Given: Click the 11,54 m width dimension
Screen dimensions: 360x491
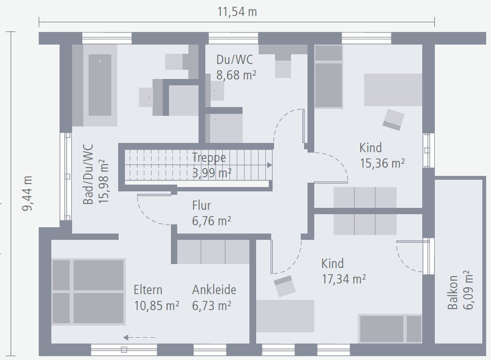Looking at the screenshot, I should tap(237, 12).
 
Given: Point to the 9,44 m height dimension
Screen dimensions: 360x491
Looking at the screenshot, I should tap(28, 193).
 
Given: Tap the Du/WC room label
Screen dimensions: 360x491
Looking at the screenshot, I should tap(234, 60).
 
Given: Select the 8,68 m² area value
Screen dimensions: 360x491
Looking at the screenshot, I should tap(236, 76).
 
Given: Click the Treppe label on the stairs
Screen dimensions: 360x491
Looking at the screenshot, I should tap(209, 157).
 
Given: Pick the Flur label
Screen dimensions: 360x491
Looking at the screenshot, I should tap(201, 206).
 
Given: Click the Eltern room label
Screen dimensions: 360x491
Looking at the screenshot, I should tap(148, 290).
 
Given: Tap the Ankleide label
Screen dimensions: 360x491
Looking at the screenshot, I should tap(214, 290).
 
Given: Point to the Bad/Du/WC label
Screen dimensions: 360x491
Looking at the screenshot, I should tap(88, 173).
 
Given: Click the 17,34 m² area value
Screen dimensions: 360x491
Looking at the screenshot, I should tap(343, 279).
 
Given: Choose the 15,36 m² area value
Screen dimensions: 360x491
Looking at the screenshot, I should tap(382, 163).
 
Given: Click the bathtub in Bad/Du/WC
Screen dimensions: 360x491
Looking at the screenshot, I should tap(100, 85).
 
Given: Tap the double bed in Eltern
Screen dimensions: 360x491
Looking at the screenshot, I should tap(88, 291).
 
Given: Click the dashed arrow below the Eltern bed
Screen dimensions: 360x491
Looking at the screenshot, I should tap(138, 338).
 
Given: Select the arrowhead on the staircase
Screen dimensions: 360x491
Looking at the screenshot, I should tap(269, 165).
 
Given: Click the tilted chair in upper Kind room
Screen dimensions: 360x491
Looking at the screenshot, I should tap(393, 120).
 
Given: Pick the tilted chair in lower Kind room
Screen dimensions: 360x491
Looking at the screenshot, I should tap(284, 286).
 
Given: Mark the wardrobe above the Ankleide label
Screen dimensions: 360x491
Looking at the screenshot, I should tap(213, 251).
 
